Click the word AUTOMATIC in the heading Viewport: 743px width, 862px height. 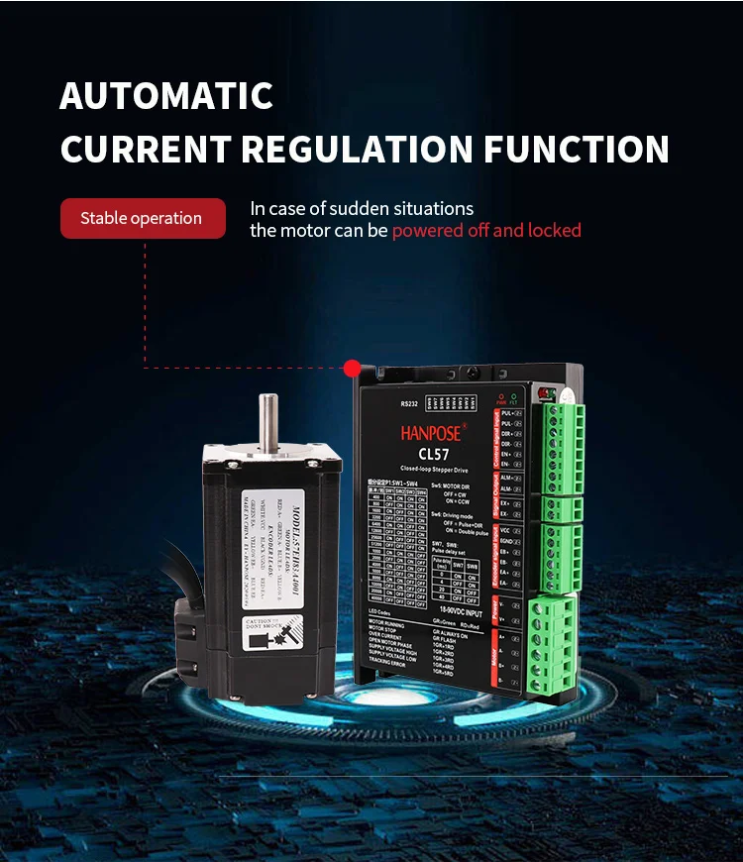click(166, 96)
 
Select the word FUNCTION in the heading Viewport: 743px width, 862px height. click(577, 150)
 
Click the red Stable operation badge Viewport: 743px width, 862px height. click(141, 218)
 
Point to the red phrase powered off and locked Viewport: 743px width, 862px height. click(486, 231)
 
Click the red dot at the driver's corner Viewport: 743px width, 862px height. click(351, 369)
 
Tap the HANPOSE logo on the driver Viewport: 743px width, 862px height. click(436, 433)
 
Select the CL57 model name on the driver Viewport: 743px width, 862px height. click(436, 454)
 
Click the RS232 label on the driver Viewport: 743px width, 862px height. click(410, 404)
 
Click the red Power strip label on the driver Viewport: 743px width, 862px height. click(495, 605)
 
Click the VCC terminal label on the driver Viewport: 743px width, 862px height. click(506, 529)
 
